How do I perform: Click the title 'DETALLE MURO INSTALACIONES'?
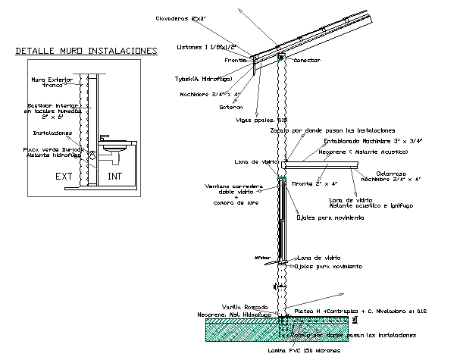point(86,52)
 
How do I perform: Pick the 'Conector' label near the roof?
point(307,60)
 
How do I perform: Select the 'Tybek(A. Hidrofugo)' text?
point(201,78)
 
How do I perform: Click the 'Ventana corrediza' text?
point(231,186)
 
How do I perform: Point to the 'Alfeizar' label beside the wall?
point(262,258)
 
